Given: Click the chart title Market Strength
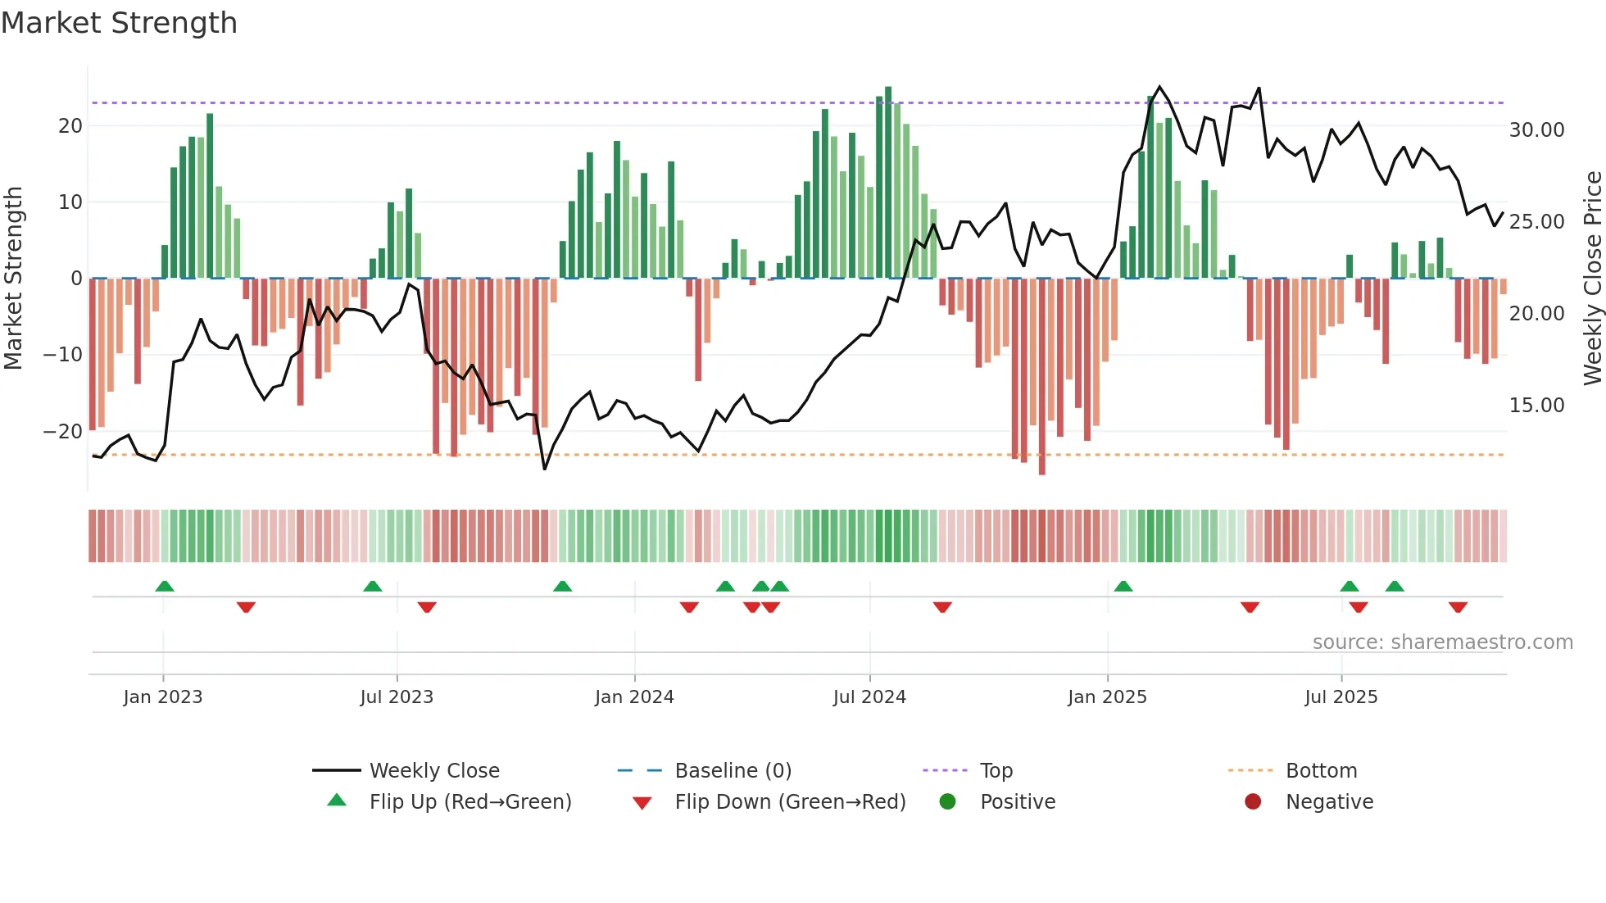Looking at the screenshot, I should (x=119, y=23).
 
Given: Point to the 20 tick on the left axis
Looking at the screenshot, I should (x=70, y=126).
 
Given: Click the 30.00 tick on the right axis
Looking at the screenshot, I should (x=1536, y=130).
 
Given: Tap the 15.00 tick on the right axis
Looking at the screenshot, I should (x=1536, y=406).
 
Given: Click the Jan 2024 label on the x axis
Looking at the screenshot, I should (x=634, y=697).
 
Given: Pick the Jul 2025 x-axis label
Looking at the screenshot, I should (x=1341, y=697).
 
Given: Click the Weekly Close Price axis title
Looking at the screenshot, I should (x=1592, y=278).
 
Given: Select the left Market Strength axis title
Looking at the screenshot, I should (x=13, y=278).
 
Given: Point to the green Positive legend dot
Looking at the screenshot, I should (x=947, y=801).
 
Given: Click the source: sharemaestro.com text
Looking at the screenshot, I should (x=1442, y=642).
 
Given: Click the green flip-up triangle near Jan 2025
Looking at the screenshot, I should (x=1123, y=587).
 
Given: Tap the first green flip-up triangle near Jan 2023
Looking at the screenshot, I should (x=165, y=587).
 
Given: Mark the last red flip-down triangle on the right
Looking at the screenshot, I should (x=1458, y=607).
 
